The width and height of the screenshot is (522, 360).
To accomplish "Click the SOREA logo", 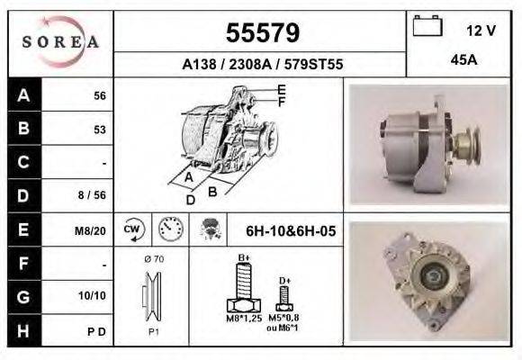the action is click(x=60, y=41).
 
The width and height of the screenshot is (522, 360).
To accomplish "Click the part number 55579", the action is click(x=263, y=33).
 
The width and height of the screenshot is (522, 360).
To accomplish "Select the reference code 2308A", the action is click(x=250, y=64).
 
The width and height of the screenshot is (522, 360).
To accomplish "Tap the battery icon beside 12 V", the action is click(x=427, y=25).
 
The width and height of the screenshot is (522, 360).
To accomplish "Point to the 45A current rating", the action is click(x=463, y=60).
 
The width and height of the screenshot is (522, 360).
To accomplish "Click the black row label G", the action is click(x=24, y=297).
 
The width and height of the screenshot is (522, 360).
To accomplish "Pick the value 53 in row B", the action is click(x=100, y=130).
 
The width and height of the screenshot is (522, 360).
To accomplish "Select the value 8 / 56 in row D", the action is click(x=92, y=194).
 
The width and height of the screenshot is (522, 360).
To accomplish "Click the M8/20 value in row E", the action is click(x=90, y=230).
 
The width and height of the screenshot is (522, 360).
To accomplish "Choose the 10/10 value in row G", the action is click(x=92, y=295).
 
